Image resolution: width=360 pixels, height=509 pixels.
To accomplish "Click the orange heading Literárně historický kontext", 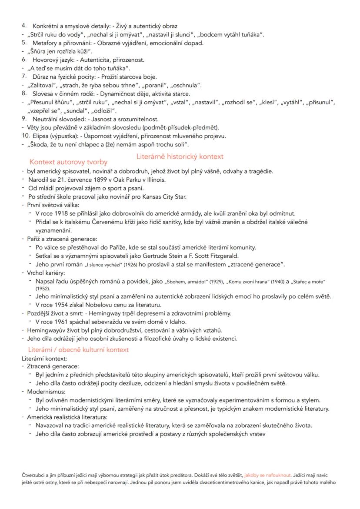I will (x=180, y=156).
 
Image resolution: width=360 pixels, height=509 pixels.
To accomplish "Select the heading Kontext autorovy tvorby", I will (x=68, y=162).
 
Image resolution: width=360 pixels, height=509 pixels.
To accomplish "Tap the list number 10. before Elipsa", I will (x=25, y=136).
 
